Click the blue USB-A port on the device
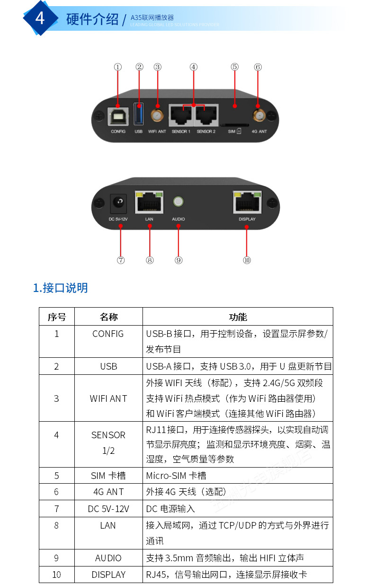pyautogui.click(x=138, y=115)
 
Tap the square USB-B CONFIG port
pyautogui.click(x=118, y=115)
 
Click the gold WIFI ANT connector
pyautogui.click(x=157, y=115)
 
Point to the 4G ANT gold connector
pyautogui.click(x=258, y=115)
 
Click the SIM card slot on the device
pyautogui.click(x=235, y=122)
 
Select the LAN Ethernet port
pyautogui.click(x=149, y=202)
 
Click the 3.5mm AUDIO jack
pyautogui.click(x=178, y=202)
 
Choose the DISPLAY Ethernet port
pyautogui.click(x=247, y=202)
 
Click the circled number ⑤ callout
pyautogui.click(x=235, y=67)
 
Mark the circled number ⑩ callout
pyautogui.click(x=247, y=260)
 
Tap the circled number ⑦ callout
pyautogui.click(x=121, y=260)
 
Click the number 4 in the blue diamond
pyautogui.click(x=40, y=18)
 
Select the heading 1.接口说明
pyautogui.click(x=60, y=288)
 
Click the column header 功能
pyautogui.click(x=238, y=317)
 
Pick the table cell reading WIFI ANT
pyautogui.click(x=108, y=398)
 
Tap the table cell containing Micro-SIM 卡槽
pyautogui.click(x=176, y=476)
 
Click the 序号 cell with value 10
pyautogui.click(x=56, y=575)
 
